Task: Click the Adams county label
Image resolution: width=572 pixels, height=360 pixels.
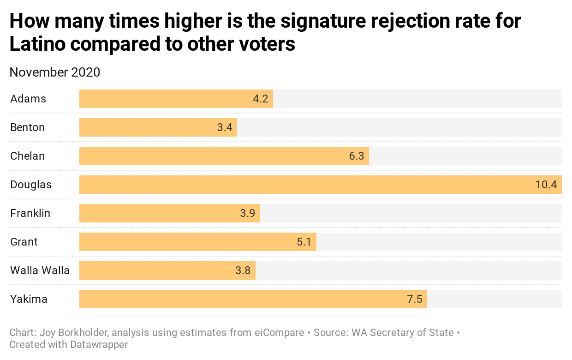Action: click(x=28, y=99)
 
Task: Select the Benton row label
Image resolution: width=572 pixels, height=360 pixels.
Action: click(x=28, y=127)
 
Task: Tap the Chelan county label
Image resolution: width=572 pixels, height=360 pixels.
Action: click(x=28, y=156)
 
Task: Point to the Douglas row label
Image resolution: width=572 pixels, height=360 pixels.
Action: click(x=31, y=185)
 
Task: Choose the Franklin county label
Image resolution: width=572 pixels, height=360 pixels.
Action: click(x=30, y=213)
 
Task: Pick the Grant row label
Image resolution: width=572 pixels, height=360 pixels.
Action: click(x=24, y=242)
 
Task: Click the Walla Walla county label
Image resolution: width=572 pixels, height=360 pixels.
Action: click(x=40, y=270)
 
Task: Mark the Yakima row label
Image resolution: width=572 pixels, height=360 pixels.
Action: click(x=29, y=299)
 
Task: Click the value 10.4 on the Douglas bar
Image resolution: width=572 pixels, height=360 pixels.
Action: click(x=546, y=185)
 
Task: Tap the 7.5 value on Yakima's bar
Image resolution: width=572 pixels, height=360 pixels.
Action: click(x=414, y=300)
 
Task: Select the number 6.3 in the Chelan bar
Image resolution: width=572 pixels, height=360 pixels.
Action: click(x=357, y=156)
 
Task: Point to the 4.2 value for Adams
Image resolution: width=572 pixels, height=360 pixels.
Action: click(x=261, y=99)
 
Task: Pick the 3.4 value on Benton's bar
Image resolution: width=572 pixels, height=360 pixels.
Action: click(x=225, y=128)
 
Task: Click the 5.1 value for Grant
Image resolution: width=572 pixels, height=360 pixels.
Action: click(x=304, y=242)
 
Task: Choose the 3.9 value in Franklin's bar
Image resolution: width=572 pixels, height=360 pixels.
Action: click(x=248, y=214)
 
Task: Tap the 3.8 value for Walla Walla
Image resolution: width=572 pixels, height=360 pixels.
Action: click(x=243, y=271)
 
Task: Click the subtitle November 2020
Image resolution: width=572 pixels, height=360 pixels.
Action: click(x=55, y=72)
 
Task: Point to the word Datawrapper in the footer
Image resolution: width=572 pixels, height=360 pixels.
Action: click(x=99, y=344)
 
